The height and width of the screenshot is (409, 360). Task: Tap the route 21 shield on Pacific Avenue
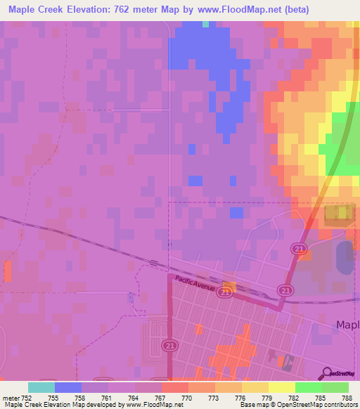[x=224, y=294]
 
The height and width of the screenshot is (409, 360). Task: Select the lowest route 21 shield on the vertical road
[x=169, y=345]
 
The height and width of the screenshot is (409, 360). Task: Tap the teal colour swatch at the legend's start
[x=41, y=387]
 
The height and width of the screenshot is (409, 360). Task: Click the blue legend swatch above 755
[x=68, y=387]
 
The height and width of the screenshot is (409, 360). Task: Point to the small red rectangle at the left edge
[x=8, y=271]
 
